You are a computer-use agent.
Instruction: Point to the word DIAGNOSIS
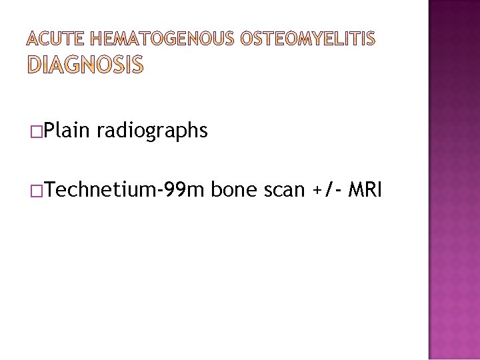click(85, 65)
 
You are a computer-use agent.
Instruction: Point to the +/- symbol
click(325, 190)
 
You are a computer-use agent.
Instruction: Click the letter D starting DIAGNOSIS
click(35, 65)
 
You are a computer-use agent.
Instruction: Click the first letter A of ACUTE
click(33, 40)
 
